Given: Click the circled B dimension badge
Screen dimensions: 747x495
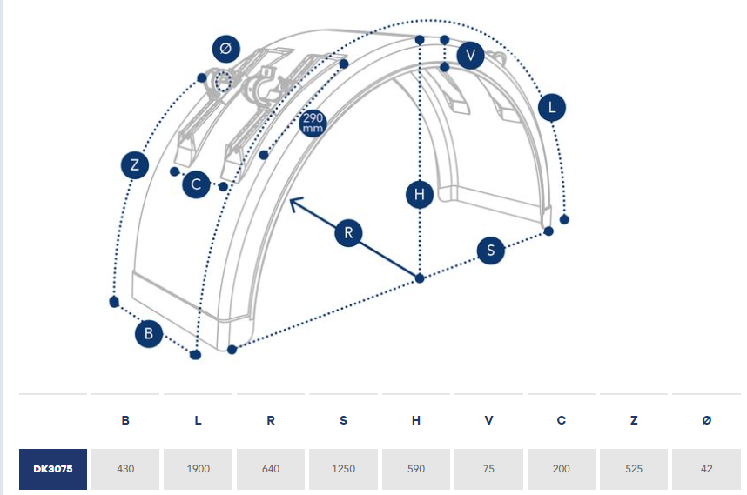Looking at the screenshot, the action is point(149,333).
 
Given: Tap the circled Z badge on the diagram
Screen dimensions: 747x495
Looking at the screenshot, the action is point(134,164).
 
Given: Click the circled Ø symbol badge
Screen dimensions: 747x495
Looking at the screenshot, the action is point(225,50).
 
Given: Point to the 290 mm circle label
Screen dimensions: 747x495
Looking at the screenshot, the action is point(312,123).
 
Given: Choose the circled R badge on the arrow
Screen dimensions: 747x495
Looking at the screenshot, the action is point(348,233).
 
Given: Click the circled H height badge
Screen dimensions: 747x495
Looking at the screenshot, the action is point(420,195).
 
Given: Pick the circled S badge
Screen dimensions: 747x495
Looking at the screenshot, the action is point(491,251).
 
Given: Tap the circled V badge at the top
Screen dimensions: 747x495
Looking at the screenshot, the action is point(470,56).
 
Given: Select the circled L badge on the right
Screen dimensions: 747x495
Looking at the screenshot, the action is point(551,108).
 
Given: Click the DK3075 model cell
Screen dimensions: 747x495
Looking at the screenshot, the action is point(53,469).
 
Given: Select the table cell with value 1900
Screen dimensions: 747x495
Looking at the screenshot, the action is point(199,469).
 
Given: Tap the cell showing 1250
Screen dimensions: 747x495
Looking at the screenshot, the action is point(344,469).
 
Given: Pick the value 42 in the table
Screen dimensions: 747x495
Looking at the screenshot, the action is point(706,469).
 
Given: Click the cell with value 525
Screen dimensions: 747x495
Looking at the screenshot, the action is point(634,469).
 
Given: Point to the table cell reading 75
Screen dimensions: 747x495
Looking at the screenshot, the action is point(488,469).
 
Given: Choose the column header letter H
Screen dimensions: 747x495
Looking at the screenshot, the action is point(416,421).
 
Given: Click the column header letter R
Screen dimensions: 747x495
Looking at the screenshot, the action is point(271,421).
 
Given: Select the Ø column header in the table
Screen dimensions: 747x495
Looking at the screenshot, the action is point(706,421).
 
